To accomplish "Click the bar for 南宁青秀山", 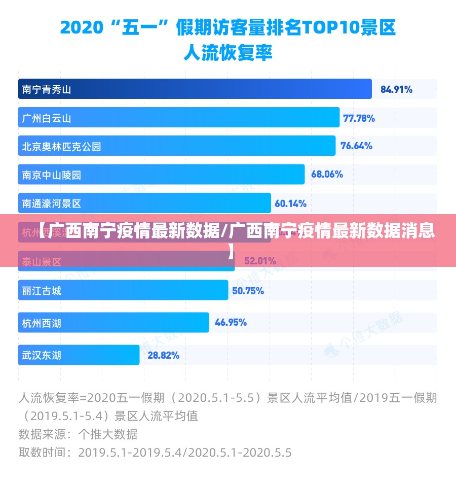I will point(195,89).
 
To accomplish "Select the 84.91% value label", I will point(396,90).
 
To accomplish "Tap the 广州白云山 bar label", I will point(47,119).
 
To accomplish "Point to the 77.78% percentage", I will point(359,119).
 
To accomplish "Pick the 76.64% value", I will point(356,146).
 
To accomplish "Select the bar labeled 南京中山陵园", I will point(161,175).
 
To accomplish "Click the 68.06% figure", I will point(327,175).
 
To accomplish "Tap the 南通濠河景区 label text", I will point(52,204).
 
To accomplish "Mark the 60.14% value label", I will point(290,204).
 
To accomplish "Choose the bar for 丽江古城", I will point(123,291).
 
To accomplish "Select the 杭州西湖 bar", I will point(113,322).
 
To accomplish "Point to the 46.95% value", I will point(231,322).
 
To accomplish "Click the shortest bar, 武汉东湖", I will point(79,355).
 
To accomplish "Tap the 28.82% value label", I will point(163,355).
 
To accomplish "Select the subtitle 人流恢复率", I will point(227,52).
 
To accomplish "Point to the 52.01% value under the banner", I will point(260,262).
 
